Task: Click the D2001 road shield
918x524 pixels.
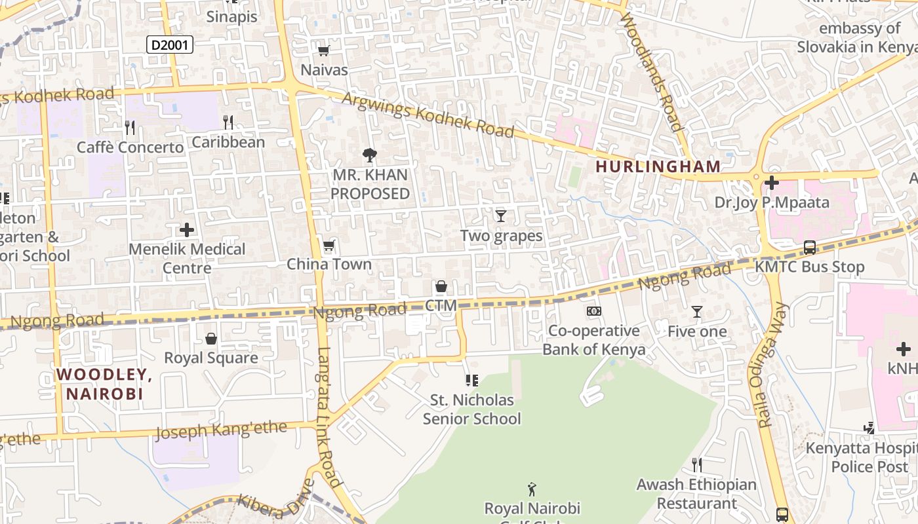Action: [x=169, y=45]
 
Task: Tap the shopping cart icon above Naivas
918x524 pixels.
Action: [x=323, y=51]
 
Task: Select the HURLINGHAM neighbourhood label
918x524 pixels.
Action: [x=658, y=166]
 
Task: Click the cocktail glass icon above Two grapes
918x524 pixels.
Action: [x=501, y=215]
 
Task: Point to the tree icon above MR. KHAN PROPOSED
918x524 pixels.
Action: [x=370, y=155]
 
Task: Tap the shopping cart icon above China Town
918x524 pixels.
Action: [x=329, y=246]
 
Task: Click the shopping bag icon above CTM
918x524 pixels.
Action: [x=441, y=286]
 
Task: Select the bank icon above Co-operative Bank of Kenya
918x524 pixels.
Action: [x=593, y=311]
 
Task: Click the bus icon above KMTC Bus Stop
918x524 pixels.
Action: [x=810, y=248]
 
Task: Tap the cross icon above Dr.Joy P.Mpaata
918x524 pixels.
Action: [x=772, y=183]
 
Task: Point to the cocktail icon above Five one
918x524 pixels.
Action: [x=697, y=312]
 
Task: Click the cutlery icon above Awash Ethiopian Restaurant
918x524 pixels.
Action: [x=697, y=465]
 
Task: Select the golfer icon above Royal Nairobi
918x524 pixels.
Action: [x=532, y=489]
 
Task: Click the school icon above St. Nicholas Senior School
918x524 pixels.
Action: [x=471, y=380]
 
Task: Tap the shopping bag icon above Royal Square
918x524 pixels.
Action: [x=211, y=339]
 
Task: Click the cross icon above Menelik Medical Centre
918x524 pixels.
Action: [x=187, y=230]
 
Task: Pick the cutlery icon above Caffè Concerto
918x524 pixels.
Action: [x=130, y=127]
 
